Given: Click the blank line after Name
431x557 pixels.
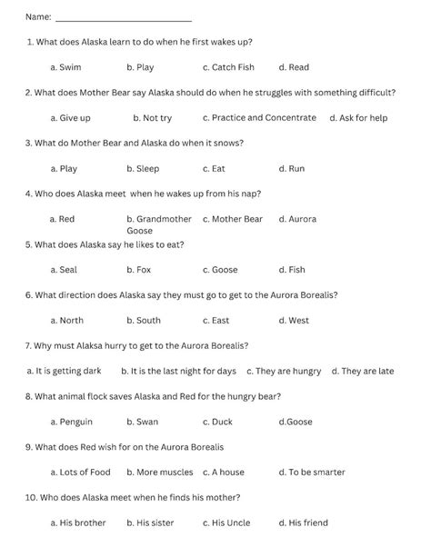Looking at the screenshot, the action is (x=124, y=18).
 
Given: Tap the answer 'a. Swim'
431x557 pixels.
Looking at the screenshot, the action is (x=65, y=67).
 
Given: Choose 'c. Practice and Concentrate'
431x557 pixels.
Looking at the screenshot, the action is (x=259, y=118).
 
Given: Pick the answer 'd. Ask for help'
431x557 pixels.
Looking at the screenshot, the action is (x=358, y=118).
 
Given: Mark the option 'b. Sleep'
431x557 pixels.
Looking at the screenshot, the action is (x=143, y=169).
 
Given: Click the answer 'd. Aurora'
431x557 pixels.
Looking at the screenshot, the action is (x=297, y=219).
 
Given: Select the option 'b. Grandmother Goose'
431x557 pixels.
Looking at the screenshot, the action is (x=158, y=224).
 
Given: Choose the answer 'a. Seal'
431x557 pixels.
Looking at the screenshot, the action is (x=64, y=270).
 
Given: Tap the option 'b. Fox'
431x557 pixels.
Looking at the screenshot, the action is (x=138, y=270).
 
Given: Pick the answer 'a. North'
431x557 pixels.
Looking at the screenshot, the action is (x=66, y=321).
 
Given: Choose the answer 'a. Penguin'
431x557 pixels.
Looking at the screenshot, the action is (x=71, y=423).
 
